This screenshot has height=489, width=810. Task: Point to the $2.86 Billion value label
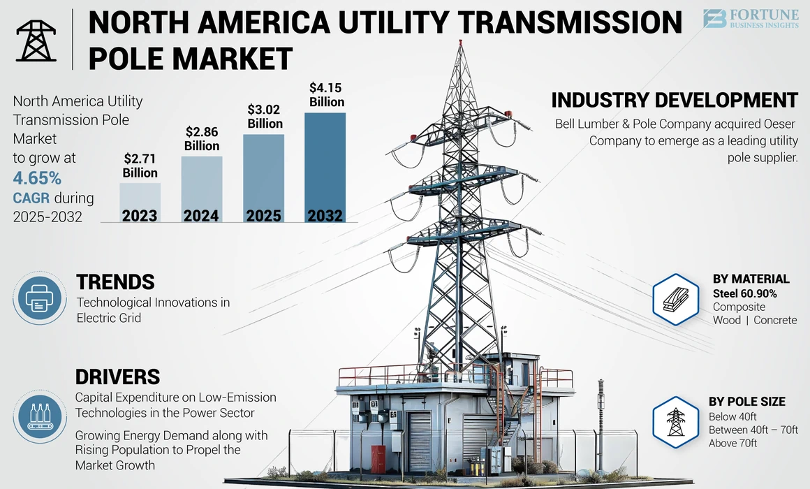click(x=202, y=138)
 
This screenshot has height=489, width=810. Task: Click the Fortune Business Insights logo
click(x=750, y=19)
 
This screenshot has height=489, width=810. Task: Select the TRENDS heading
click(x=115, y=282)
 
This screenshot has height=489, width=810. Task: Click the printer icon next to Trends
click(x=40, y=299)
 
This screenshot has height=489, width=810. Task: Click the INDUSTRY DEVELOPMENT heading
click(x=675, y=100)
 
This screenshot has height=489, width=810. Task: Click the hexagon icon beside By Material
click(x=675, y=300)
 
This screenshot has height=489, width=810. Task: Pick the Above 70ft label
click(x=732, y=443)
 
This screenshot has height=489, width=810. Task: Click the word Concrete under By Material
click(x=774, y=320)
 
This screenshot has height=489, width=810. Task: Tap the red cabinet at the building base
click(x=378, y=459)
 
